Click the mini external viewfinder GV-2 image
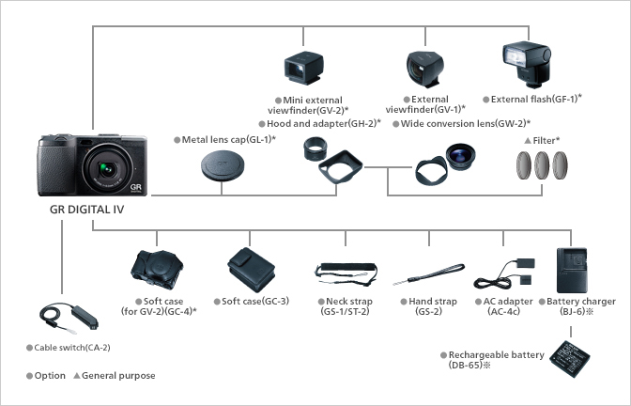click(305, 69)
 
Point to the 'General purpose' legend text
click(118, 376)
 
